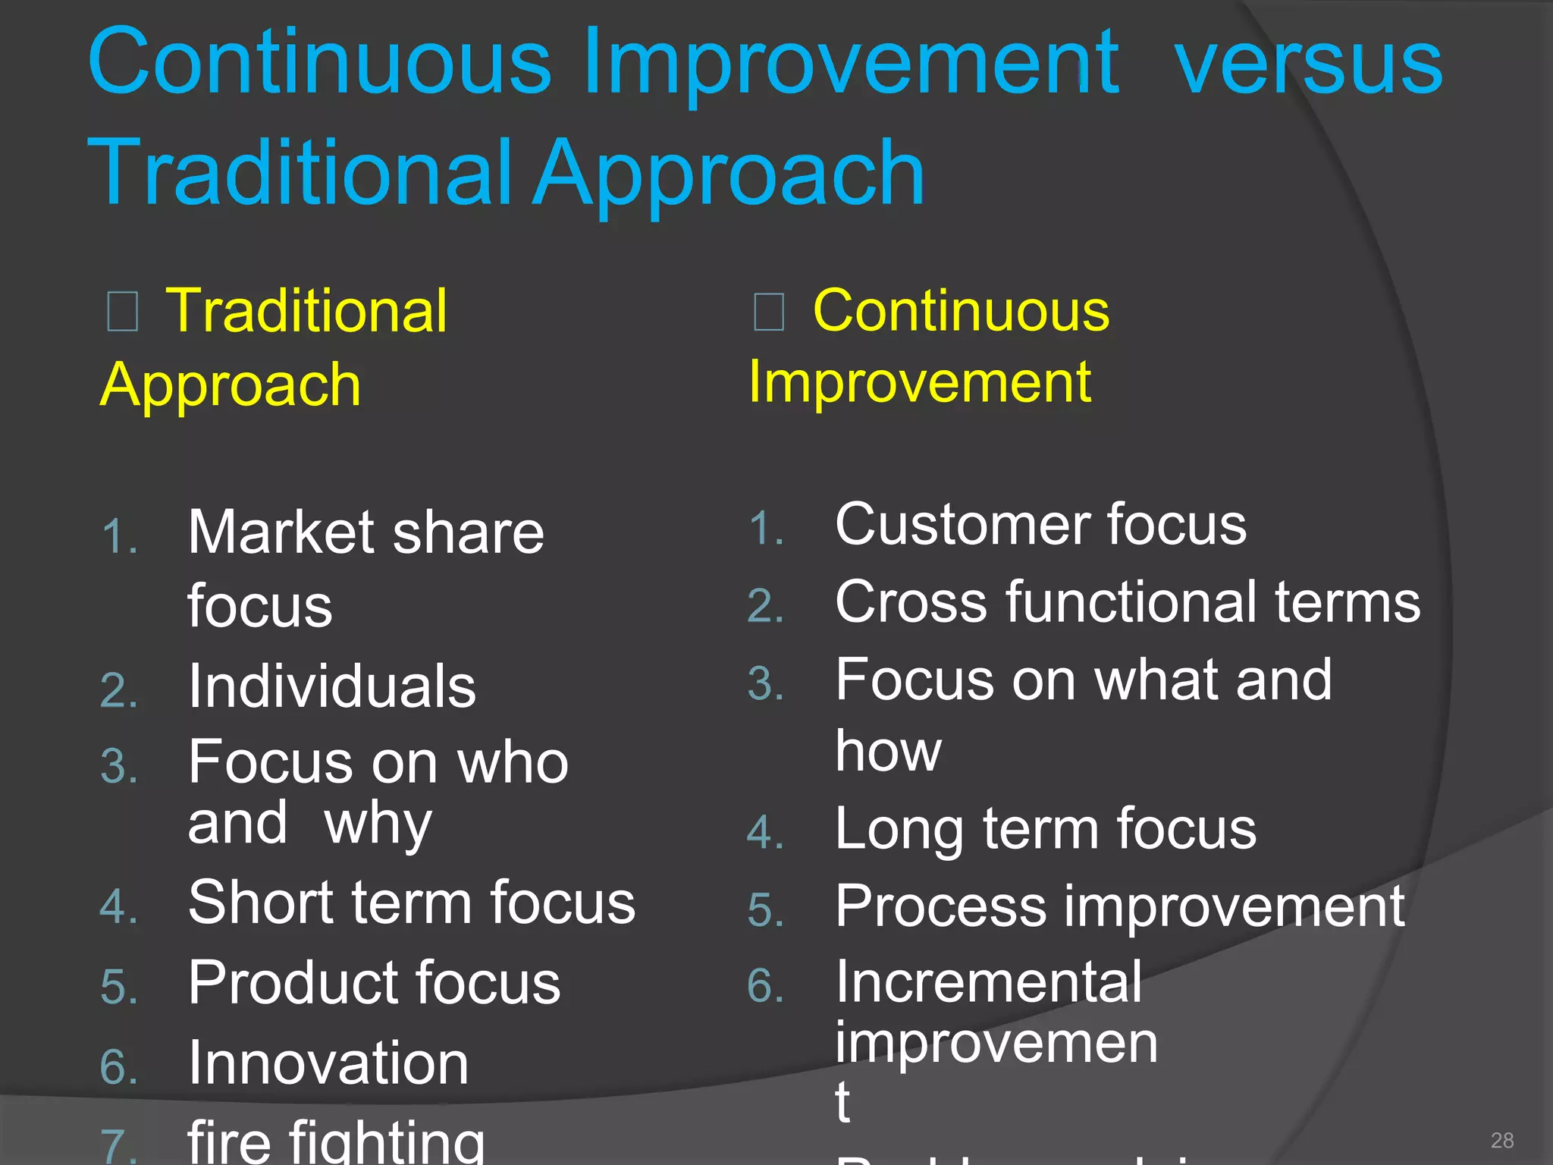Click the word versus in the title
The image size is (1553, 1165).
point(1307,67)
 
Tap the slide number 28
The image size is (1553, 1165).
point(1501,1140)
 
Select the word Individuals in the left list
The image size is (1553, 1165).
point(332,686)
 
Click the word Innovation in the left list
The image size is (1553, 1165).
point(328,1063)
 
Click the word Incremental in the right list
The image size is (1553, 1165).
point(989,981)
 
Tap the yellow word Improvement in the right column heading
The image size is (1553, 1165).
point(919,382)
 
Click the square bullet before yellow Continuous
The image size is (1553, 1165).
point(768,312)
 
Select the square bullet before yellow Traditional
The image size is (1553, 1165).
point(122,312)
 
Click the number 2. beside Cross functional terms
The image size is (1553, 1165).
point(765,606)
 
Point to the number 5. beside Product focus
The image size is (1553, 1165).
point(119,987)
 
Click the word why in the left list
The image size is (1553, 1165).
point(378,824)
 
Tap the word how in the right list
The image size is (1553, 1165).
point(888,751)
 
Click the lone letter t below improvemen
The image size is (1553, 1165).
point(842,1101)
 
